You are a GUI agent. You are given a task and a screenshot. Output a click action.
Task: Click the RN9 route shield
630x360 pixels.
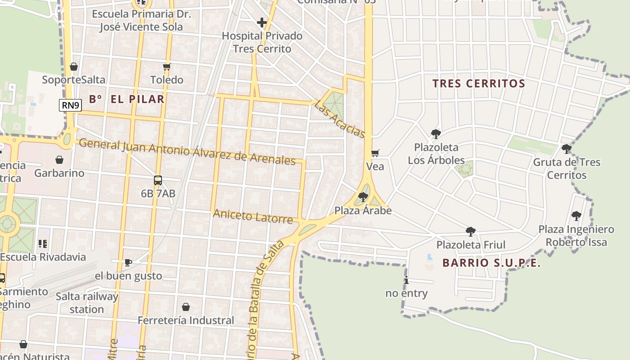tap(71, 105)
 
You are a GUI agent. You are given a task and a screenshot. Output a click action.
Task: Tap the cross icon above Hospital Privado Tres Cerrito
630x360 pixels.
tap(261, 22)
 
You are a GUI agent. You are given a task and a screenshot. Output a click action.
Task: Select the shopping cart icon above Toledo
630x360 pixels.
tap(167, 67)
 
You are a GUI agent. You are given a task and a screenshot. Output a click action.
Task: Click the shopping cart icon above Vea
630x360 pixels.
tap(375, 153)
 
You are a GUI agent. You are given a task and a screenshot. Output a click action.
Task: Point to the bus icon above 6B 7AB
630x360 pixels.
tap(158, 180)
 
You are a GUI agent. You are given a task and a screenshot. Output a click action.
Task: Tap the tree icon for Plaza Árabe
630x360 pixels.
tap(363, 197)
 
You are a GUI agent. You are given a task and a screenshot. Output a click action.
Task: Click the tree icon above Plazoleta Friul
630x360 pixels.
tap(471, 231)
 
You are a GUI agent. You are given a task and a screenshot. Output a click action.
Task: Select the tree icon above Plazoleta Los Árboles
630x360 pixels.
tap(436, 134)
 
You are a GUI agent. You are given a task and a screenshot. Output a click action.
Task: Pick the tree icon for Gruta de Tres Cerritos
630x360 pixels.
tap(567, 148)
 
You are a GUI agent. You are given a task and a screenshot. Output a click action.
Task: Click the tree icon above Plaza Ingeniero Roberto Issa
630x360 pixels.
tap(576, 216)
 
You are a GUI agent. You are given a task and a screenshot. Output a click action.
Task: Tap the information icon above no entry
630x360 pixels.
tap(406, 280)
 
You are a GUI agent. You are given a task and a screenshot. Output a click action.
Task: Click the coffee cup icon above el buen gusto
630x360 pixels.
tap(128, 262)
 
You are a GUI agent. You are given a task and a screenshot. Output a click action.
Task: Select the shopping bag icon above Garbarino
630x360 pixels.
tap(59, 160)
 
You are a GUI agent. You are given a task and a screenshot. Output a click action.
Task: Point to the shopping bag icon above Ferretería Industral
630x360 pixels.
tap(185, 307)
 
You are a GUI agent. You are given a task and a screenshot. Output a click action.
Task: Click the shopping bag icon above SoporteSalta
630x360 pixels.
tap(74, 67)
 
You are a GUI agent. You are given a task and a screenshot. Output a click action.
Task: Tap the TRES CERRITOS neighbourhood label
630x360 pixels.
tap(479, 84)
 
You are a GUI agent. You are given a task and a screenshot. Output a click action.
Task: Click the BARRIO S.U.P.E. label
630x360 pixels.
tap(491, 263)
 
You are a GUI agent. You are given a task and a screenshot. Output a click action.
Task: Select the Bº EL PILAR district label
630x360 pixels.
tap(126, 99)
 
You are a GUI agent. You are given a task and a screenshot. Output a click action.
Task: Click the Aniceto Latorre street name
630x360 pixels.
tap(252, 216)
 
